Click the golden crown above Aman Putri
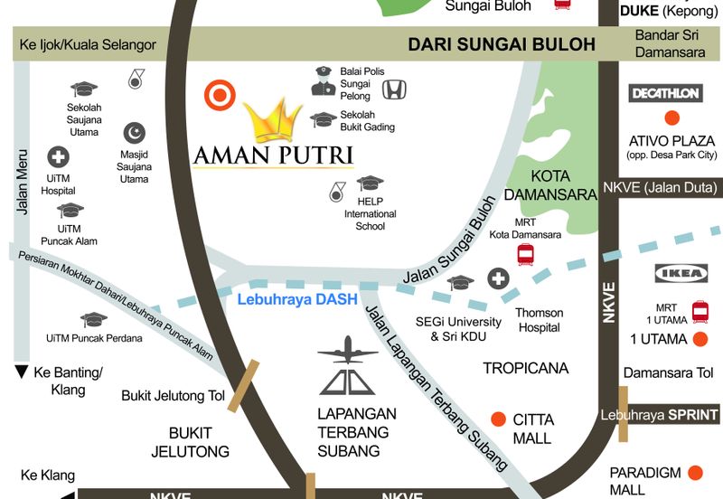[272, 120]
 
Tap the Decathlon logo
[666, 93]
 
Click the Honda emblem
[394, 89]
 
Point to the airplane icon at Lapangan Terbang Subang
[347, 348]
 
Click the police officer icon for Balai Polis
[323, 80]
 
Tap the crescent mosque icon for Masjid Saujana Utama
[135, 133]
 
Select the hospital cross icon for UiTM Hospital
[58, 157]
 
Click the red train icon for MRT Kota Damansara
[525, 255]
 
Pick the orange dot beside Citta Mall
[498, 419]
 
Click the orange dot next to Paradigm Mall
[695, 473]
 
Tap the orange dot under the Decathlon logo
[671, 118]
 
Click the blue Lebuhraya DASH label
[296, 299]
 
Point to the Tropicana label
[525, 368]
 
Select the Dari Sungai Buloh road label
[502, 44]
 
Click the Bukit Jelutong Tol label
[174, 395]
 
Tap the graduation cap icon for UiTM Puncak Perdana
[93, 320]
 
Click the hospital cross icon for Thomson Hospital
[498, 278]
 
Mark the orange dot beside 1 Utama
[700, 340]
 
